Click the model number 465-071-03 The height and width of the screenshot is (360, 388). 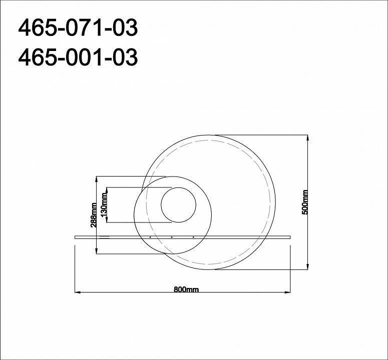78,28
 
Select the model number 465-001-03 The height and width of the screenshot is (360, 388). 78,58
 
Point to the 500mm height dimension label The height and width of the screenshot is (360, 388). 305,202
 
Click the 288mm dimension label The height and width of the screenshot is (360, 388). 94,215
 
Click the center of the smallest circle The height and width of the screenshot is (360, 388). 178,205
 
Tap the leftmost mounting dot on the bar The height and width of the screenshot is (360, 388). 150,236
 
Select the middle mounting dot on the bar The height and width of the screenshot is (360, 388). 172,236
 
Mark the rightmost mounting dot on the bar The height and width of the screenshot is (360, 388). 193,236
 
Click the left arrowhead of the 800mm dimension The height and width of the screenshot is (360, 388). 76,292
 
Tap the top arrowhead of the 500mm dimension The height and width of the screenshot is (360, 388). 307,136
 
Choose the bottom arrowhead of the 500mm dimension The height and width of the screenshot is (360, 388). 307,268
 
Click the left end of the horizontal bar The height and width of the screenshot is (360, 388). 75,236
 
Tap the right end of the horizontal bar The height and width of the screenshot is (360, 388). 291,236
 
